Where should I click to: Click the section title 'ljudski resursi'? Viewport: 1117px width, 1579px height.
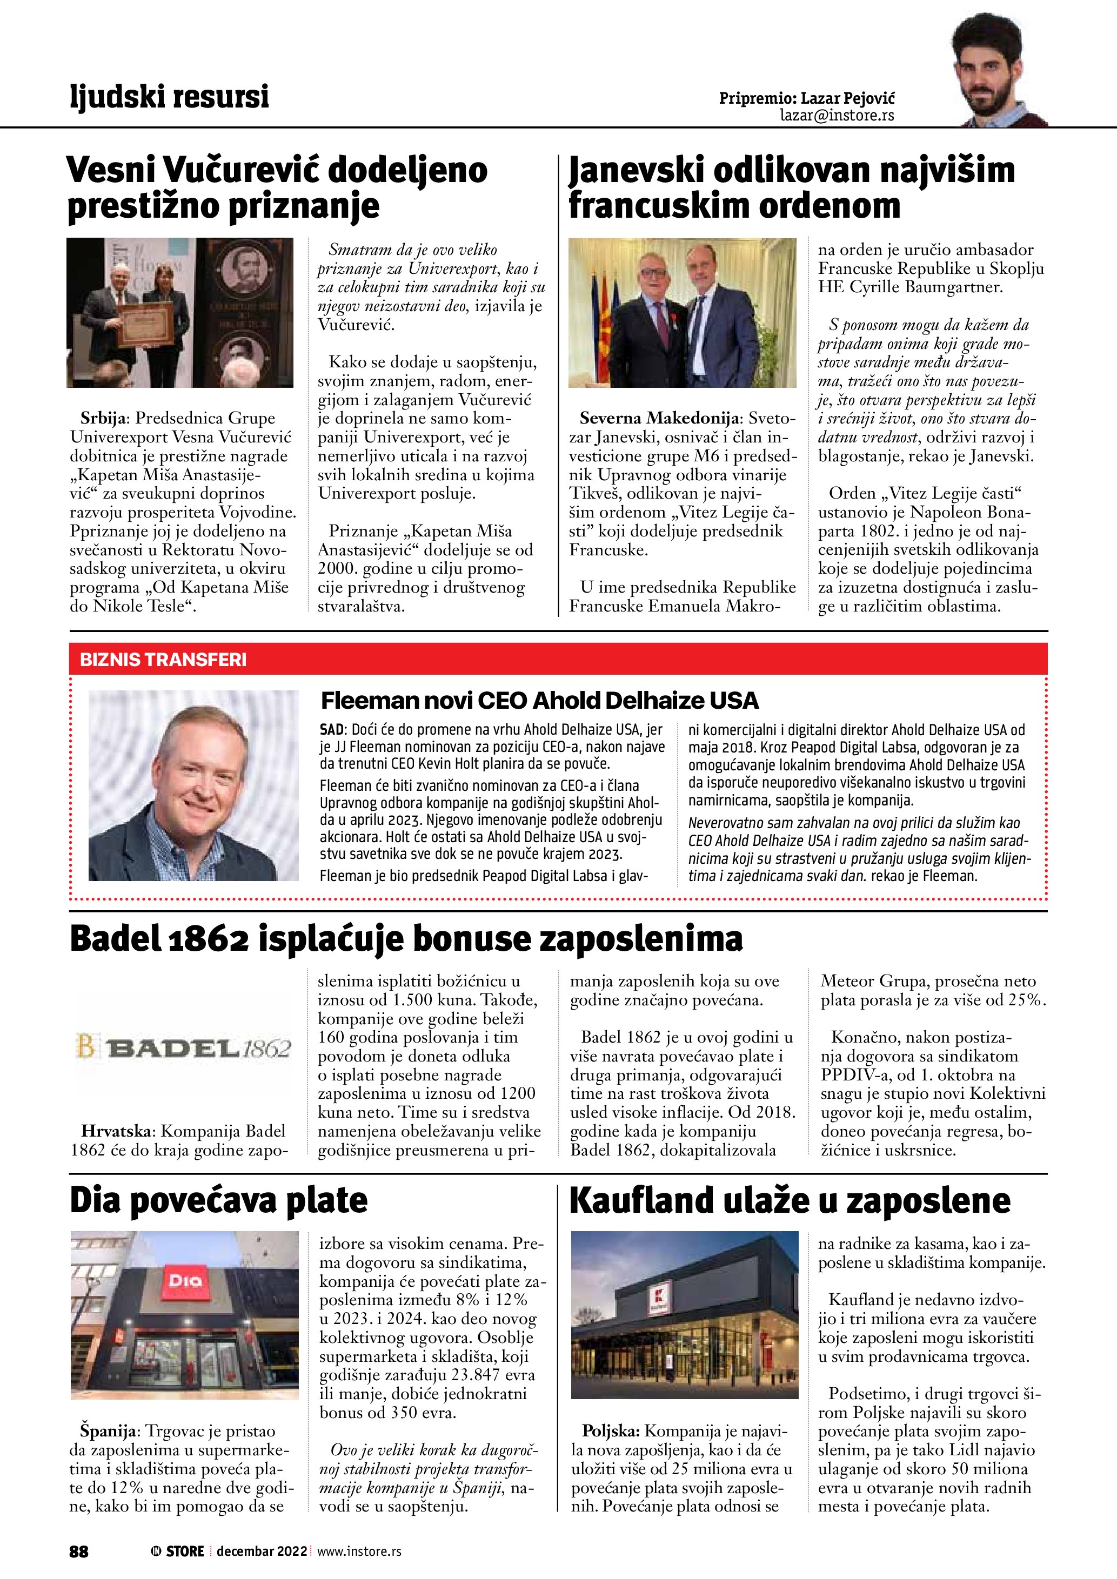pos(169,96)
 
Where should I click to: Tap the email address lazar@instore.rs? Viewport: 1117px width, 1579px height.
pos(837,116)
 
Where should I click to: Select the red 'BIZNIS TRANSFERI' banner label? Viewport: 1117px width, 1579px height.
pos(163,660)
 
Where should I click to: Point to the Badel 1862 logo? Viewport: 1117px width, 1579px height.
pos(184,1048)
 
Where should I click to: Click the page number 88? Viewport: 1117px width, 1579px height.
pos(79,1551)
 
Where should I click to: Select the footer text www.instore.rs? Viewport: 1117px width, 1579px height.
pos(359,1551)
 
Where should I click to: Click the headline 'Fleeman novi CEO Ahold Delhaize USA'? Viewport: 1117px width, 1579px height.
pos(539,701)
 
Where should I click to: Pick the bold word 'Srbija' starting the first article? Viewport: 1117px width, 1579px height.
pos(103,418)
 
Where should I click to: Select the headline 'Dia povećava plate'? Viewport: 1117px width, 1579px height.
pos(219,1200)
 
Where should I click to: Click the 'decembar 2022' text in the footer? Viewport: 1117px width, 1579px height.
pos(262,1551)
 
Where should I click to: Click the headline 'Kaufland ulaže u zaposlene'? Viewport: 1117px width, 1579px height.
pos(790,1200)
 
